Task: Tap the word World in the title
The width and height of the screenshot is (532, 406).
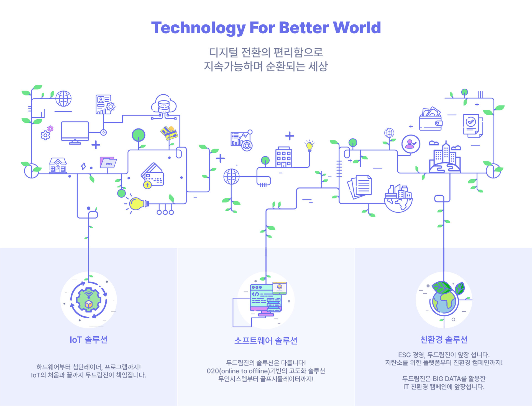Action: click(x=357, y=28)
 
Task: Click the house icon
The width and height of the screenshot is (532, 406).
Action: click(x=58, y=166)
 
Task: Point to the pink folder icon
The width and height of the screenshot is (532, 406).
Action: click(x=108, y=162)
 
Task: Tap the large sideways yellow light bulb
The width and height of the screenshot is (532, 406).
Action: click(x=138, y=204)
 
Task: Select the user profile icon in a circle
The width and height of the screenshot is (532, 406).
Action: click(x=411, y=144)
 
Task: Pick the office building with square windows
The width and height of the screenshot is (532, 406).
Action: click(x=283, y=157)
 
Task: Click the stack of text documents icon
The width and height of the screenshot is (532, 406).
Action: click(x=360, y=186)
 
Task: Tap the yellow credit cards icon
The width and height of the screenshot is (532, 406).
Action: click(x=169, y=133)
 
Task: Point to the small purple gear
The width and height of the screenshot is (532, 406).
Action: click(x=50, y=128)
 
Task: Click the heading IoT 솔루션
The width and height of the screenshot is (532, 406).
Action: click(x=88, y=340)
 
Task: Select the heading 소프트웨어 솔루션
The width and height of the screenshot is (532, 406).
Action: click(x=266, y=341)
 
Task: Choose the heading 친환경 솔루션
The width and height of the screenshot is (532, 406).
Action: click(x=444, y=339)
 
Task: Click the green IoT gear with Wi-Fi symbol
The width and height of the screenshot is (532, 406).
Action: click(x=88, y=300)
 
